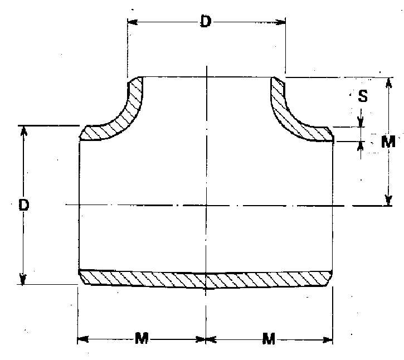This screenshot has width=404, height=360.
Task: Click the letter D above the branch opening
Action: [x=206, y=22]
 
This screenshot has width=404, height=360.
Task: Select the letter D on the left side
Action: [x=23, y=205]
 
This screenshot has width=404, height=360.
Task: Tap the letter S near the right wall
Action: [x=363, y=96]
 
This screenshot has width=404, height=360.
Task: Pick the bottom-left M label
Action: [x=142, y=338]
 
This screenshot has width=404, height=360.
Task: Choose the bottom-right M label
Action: [x=269, y=338]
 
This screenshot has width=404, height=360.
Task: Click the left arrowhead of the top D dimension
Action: [x=132, y=22]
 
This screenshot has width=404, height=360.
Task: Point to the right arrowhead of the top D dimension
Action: [x=281, y=22]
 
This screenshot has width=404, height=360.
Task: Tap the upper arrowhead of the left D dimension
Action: [x=23, y=130]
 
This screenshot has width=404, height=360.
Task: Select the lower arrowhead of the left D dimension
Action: [x=23, y=280]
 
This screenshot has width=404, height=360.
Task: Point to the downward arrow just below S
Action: [x=361, y=121]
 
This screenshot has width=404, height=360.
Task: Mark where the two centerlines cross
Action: [x=207, y=205]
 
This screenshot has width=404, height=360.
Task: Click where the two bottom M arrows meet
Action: [x=206, y=338]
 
